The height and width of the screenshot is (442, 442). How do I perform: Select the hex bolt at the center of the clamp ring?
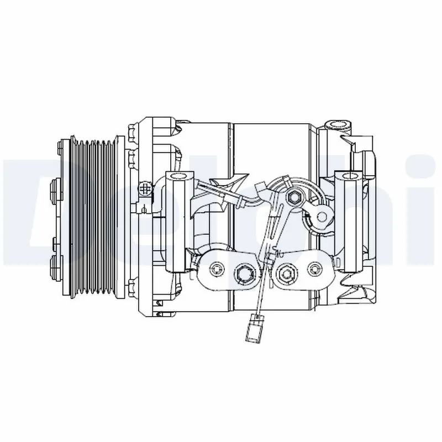pyautogui.click(x=294, y=196)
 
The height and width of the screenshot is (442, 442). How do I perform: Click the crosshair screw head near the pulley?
pyautogui.click(x=146, y=188)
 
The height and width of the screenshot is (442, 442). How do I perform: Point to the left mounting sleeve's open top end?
pyautogui.click(x=178, y=176)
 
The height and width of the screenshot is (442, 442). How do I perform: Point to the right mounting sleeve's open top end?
pyautogui.click(x=350, y=177)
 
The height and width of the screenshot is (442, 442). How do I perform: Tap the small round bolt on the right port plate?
pyautogui.click(x=315, y=269)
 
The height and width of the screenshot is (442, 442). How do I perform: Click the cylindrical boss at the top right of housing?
pyautogui.click(x=337, y=124)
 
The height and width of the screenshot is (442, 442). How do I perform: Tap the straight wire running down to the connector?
pyautogui.click(x=262, y=276)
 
